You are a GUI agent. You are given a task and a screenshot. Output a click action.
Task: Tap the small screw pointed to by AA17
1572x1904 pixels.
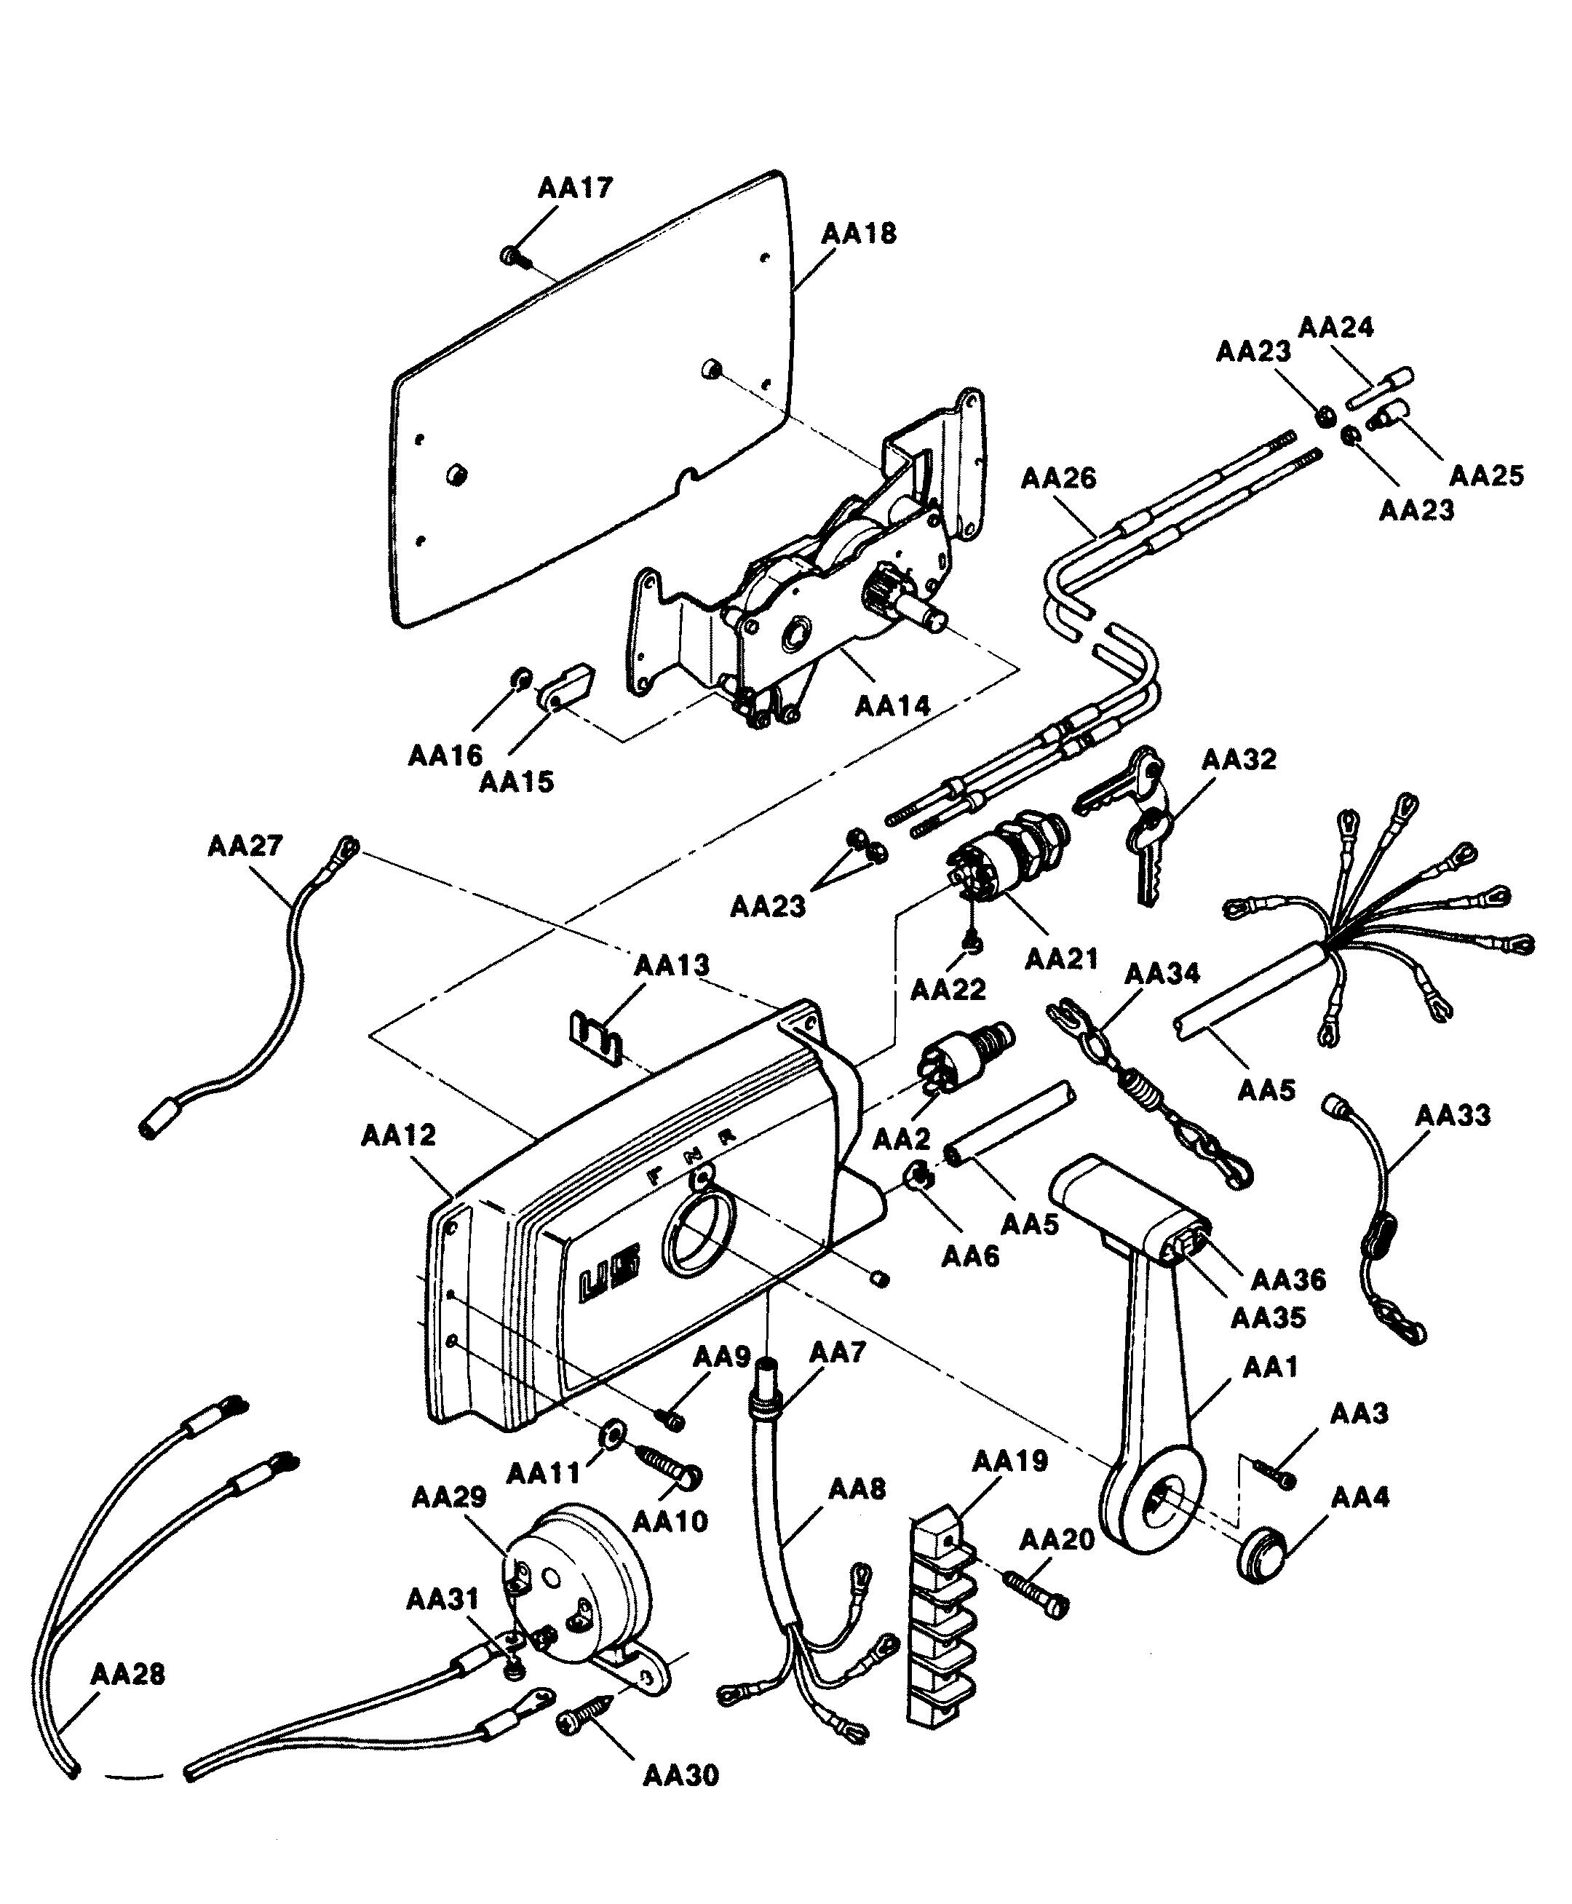pyautogui.click(x=511, y=256)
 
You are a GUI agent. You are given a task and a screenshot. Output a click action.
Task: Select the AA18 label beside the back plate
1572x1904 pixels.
pyautogui.click(x=859, y=234)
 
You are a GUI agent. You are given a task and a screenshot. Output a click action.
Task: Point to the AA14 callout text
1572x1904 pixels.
pyautogui.click(x=892, y=705)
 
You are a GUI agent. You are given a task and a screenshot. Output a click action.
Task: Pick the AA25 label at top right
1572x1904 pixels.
pyautogui.click(x=1486, y=475)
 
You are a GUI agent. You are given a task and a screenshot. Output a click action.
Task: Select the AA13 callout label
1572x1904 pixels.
pyautogui.click(x=672, y=965)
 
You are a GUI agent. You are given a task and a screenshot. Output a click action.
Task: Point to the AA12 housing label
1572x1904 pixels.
pyautogui.click(x=398, y=1135)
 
